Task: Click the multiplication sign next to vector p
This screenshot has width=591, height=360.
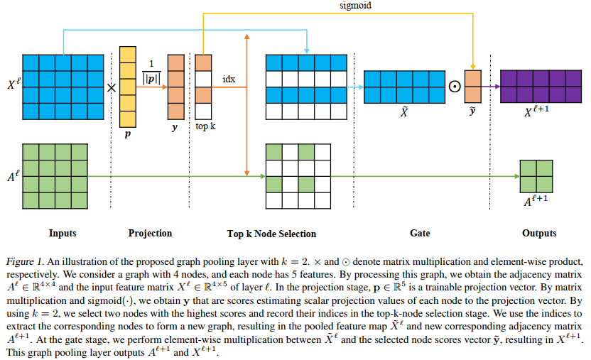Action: pyautogui.click(x=111, y=88)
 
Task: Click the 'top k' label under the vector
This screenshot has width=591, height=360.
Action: pyautogui.click(x=206, y=126)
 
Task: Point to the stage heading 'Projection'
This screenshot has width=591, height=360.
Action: pyautogui.click(x=150, y=233)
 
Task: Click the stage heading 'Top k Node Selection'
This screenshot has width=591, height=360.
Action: pyautogui.click(x=271, y=233)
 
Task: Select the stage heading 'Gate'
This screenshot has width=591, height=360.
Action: pyautogui.click(x=420, y=233)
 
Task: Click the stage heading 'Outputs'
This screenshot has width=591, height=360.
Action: pyautogui.click(x=539, y=233)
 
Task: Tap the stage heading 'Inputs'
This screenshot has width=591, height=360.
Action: pyautogui.click(x=63, y=233)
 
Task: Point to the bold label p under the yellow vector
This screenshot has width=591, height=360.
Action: pyautogui.click(x=128, y=133)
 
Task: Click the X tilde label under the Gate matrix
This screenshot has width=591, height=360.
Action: pyautogui.click(x=403, y=114)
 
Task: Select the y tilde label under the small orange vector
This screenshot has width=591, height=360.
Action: pyautogui.click(x=473, y=111)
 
